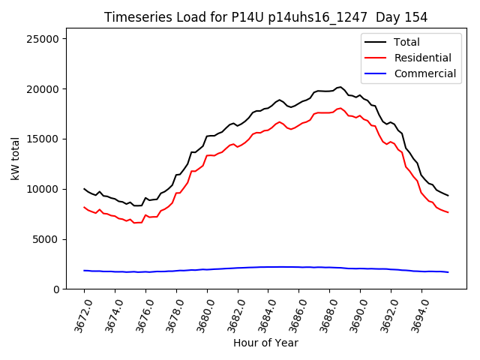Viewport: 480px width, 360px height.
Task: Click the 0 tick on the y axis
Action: coord(56,289)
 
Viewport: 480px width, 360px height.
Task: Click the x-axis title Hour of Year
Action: coord(265,343)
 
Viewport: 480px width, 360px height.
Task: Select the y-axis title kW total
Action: coord(14,159)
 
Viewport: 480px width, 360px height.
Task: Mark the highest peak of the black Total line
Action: coord(340,87)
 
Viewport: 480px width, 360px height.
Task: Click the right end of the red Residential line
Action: coord(448,212)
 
